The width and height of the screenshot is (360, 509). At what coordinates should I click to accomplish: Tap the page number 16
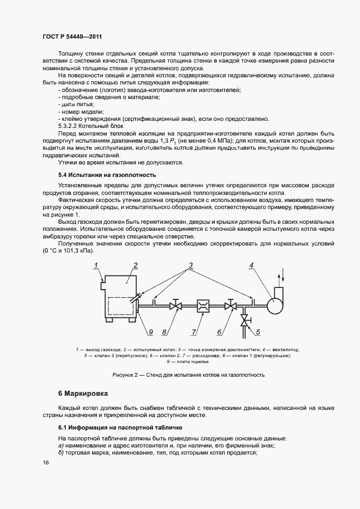[45, 462]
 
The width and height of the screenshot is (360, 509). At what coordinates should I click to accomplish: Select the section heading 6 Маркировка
[83, 393]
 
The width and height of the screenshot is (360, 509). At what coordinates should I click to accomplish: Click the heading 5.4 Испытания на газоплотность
[107, 175]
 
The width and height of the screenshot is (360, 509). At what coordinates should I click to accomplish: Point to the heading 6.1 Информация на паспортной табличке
[120, 427]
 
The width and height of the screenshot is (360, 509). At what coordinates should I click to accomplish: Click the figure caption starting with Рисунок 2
[188, 375]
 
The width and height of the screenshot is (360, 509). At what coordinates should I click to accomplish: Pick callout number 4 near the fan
[251, 266]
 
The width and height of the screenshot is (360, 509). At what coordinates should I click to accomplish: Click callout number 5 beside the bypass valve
[258, 331]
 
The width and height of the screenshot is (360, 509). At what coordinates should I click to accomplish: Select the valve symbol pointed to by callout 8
[175, 306]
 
